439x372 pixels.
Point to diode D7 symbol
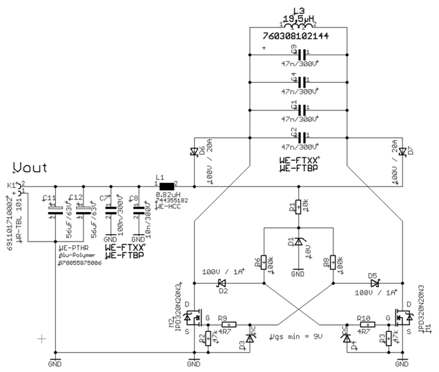point(402,150)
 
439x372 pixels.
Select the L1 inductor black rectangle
point(166,186)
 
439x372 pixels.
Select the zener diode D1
point(298,242)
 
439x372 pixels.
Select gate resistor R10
point(366,324)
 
